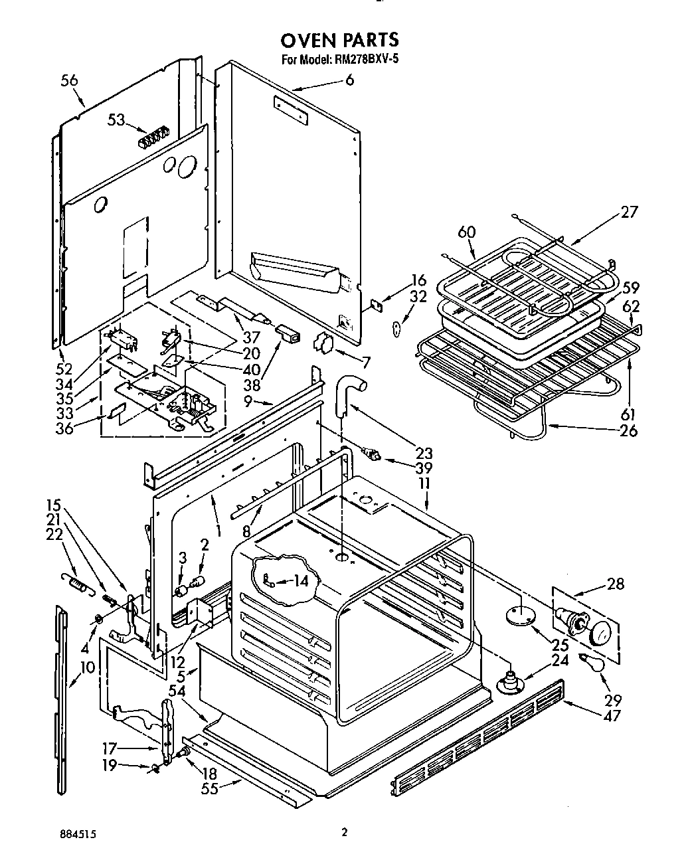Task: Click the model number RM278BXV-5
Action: coord(365,59)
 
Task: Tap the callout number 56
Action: coord(69,80)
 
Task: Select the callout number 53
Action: coord(116,120)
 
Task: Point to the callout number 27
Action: coord(628,212)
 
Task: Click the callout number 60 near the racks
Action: coord(467,232)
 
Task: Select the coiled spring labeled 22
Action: coord(78,584)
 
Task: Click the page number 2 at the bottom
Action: coord(343,832)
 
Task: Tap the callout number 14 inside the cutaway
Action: coord(301,581)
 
